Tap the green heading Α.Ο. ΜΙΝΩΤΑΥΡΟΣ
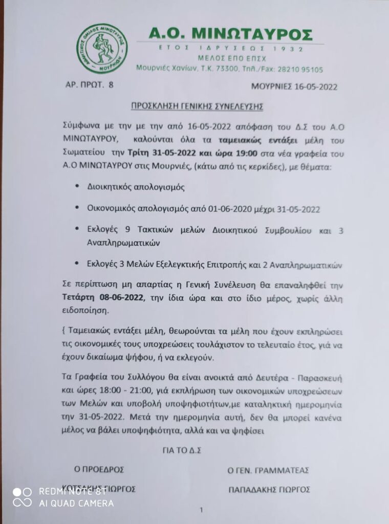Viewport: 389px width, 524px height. [230, 34]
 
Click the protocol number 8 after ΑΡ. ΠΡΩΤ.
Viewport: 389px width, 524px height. [111, 84]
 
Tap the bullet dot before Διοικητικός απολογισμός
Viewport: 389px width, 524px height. [76, 187]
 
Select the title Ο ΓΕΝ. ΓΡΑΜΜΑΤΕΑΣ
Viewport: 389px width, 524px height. [269, 470]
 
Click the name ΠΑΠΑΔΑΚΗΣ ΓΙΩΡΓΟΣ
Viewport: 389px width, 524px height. [270, 489]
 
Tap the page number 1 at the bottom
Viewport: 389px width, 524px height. [202, 510]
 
